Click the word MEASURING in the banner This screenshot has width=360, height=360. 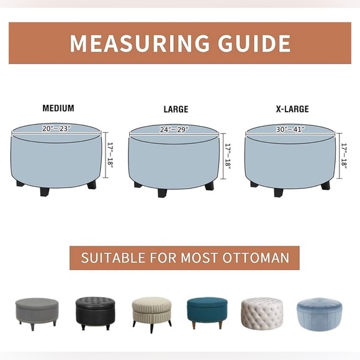click(x=140, y=43)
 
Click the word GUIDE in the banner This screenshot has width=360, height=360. click(x=254, y=43)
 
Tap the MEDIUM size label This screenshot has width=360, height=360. click(x=58, y=108)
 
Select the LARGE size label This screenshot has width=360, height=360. click(x=176, y=109)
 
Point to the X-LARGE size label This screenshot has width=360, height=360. click(x=292, y=109)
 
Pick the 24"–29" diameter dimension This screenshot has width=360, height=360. click(x=174, y=130)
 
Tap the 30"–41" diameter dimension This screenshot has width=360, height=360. click(x=290, y=130)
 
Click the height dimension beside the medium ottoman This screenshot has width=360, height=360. click(x=110, y=155)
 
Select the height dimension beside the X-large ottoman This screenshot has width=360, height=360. click(x=344, y=156)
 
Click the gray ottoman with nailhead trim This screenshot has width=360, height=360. click(x=37, y=313)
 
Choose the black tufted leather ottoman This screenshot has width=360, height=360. click(x=95, y=313)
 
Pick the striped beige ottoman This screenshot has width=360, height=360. click(x=152, y=315)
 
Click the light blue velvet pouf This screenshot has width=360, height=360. click(x=319, y=314)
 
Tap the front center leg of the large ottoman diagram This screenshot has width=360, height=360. click(x=162, y=193)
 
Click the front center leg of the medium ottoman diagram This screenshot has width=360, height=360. click(x=44, y=192)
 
